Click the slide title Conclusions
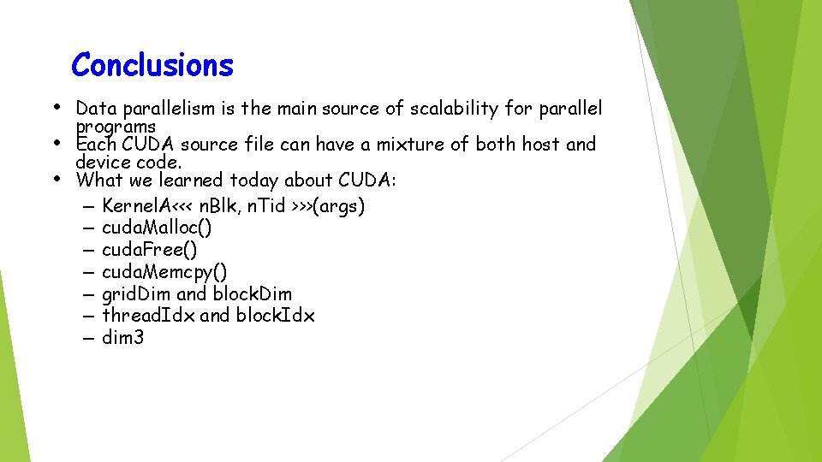click(x=152, y=65)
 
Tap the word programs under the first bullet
click(x=116, y=127)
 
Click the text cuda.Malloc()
click(x=157, y=228)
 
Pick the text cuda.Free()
click(x=149, y=250)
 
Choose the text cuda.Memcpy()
click(x=164, y=272)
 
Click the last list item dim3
click(x=122, y=338)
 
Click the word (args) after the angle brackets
click(x=340, y=206)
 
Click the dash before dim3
click(x=89, y=338)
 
